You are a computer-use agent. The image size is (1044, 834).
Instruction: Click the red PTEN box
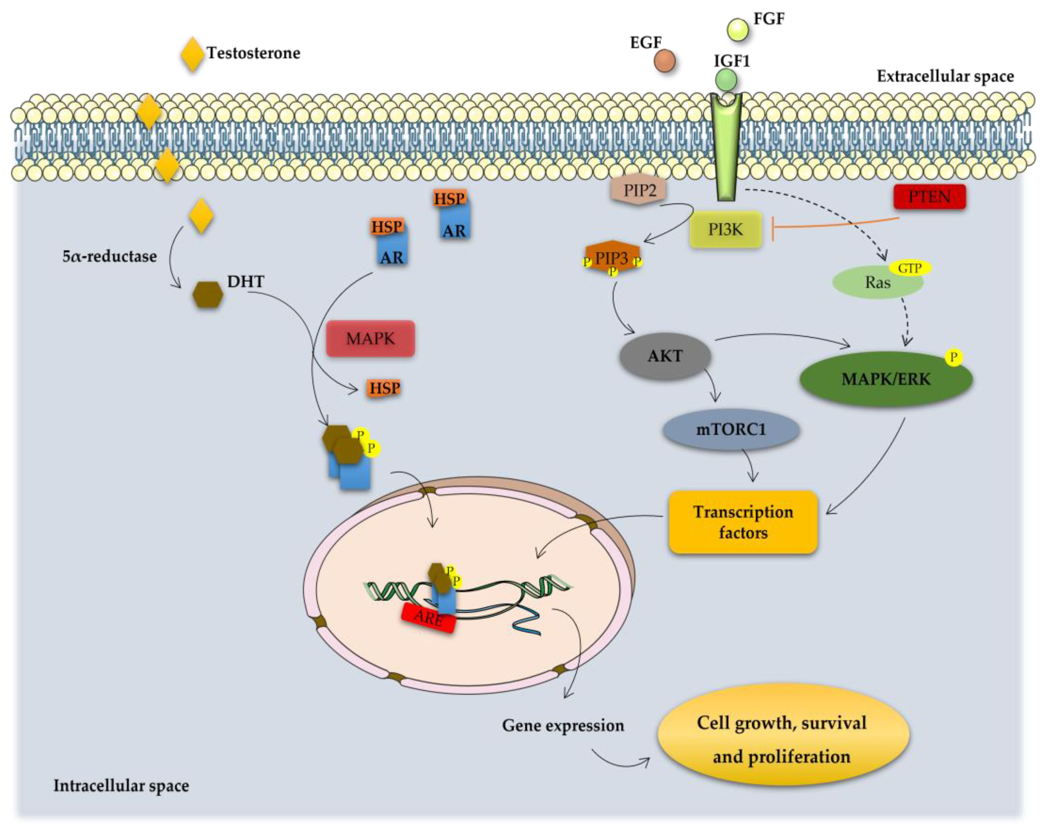click(x=929, y=197)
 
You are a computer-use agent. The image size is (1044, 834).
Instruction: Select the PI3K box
click(x=725, y=229)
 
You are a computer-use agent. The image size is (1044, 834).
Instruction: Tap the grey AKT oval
click(x=665, y=356)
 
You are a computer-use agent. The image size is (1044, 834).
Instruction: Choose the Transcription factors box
click(x=743, y=522)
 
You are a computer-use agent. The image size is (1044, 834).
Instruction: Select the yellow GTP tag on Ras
click(x=910, y=268)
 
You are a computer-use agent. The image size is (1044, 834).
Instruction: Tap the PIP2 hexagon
click(x=639, y=190)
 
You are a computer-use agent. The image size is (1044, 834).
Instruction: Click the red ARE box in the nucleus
click(x=429, y=618)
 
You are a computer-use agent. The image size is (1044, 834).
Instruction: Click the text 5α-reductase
click(x=109, y=256)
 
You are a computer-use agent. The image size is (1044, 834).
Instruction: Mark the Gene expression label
click(x=563, y=725)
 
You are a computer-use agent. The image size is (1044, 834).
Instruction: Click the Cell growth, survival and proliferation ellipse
click(x=782, y=740)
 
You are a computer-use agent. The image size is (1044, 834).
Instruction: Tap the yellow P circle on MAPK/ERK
click(x=953, y=357)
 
